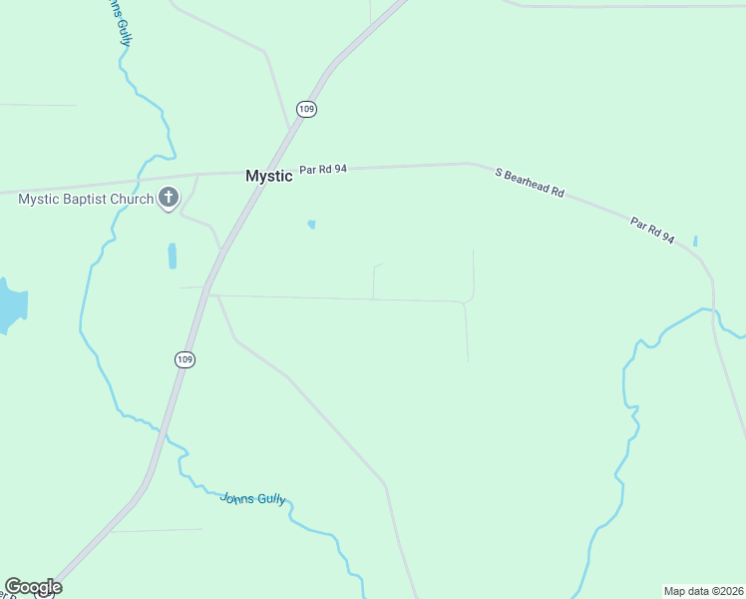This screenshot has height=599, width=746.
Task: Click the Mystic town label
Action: pos(269,176)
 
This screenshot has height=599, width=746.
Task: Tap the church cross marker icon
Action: pos(169,199)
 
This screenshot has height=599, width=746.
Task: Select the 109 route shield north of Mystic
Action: pos(306,109)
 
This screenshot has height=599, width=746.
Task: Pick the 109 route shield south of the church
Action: pos(184,358)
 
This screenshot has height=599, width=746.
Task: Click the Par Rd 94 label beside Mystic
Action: pos(323,170)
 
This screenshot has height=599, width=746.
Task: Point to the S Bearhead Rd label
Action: pos(530,184)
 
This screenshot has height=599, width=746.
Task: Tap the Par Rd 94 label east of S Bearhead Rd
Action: pos(653,232)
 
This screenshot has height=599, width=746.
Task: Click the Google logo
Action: pos(32,587)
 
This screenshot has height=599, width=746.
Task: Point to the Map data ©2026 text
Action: pos(703,590)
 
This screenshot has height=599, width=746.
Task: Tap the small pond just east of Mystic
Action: pos(312,225)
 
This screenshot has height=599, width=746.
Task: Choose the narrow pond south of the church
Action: pos(173,256)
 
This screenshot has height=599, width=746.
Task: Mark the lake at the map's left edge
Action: pos(10,304)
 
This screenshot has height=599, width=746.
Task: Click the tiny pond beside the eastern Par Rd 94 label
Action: pos(695,241)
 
